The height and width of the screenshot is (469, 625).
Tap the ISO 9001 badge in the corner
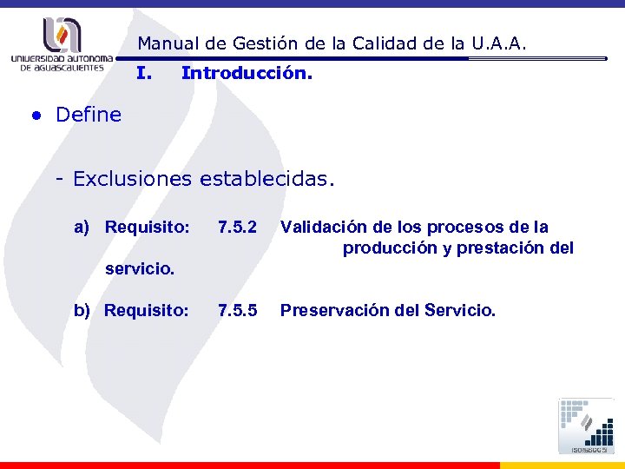(x=587, y=426)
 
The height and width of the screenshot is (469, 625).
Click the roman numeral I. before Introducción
(x=145, y=74)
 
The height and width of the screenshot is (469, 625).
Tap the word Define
(x=89, y=115)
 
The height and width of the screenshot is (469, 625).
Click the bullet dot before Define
(x=36, y=116)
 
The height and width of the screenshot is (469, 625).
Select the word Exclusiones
(x=134, y=180)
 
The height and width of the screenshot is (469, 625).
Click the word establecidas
(x=266, y=180)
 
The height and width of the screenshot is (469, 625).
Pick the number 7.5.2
(x=238, y=228)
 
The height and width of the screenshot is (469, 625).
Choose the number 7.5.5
(x=238, y=310)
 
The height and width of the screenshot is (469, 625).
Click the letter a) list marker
(x=82, y=228)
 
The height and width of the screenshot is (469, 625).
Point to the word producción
(x=388, y=248)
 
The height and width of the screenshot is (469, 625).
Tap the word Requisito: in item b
(x=146, y=310)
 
